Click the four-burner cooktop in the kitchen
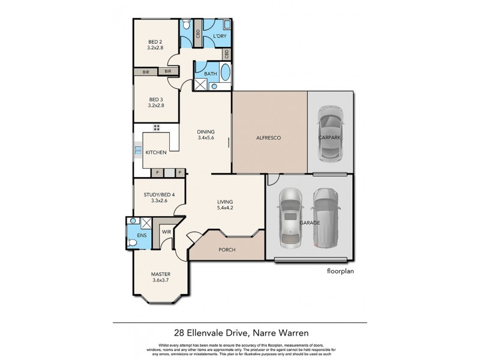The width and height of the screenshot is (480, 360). click(x=157, y=127)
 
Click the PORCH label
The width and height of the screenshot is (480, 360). click(x=227, y=250)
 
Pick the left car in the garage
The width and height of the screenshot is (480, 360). click(x=289, y=217)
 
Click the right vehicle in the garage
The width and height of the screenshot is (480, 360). click(x=325, y=217)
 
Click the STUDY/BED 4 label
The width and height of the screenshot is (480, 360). click(x=160, y=194)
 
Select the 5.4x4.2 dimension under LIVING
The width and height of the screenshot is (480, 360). click(x=226, y=208)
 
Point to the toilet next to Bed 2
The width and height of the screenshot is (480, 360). click(x=187, y=26)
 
